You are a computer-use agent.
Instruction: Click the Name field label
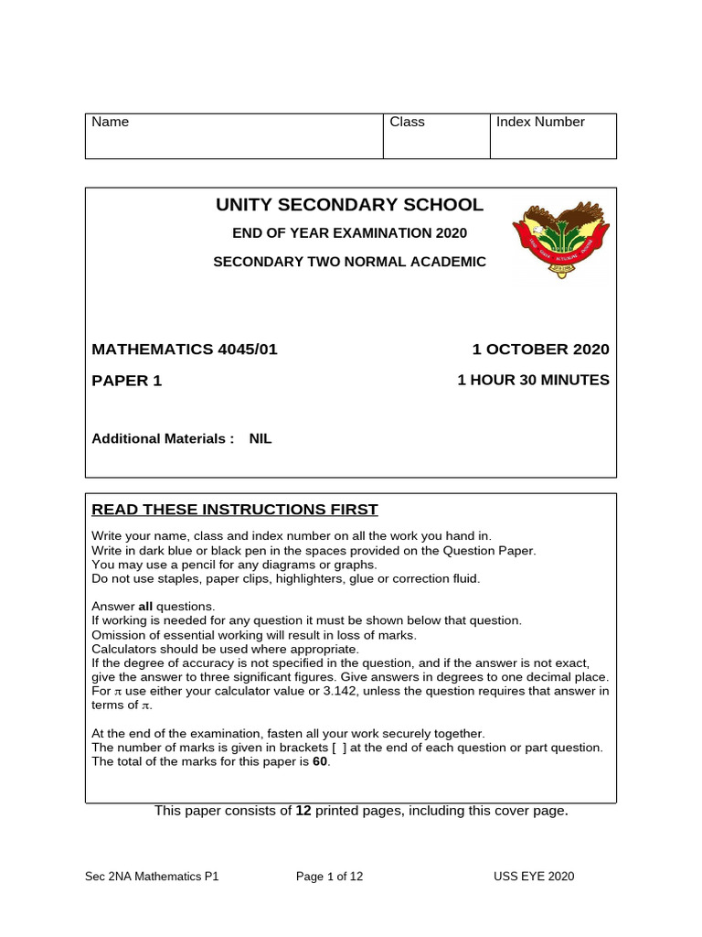111,122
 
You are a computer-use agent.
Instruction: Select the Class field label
407,122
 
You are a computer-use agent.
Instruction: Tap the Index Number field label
540,122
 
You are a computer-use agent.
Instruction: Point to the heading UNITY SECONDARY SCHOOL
349,205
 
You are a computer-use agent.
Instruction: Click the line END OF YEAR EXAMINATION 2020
349,233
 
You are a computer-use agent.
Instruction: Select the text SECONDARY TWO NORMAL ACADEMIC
349,262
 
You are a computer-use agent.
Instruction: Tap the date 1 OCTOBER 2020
540,350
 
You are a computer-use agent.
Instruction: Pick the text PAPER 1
127,381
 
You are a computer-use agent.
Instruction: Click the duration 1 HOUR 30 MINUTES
533,380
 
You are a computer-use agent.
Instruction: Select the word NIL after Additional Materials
261,438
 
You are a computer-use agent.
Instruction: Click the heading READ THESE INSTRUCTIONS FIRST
235,510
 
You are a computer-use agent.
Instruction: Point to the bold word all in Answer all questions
146,607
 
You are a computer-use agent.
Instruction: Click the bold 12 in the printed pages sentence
303,811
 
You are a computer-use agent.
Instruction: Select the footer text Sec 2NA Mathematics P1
152,877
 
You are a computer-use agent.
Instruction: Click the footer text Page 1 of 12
330,877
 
